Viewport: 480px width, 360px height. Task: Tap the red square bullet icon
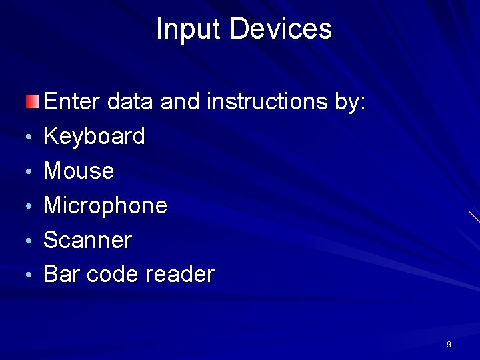click(32, 102)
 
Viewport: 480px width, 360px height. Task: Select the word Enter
click(71, 102)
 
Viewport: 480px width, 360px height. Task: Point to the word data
click(131, 102)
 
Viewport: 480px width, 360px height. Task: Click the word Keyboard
click(94, 137)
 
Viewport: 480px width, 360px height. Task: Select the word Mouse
click(79, 171)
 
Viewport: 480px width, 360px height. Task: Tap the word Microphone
click(105, 205)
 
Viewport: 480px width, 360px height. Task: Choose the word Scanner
click(87, 240)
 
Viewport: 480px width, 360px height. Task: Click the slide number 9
click(449, 345)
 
